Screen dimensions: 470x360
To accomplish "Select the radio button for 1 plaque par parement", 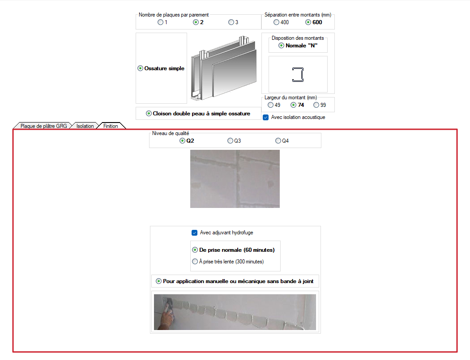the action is coord(161,22).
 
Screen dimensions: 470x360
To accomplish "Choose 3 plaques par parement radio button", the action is coord(231,22).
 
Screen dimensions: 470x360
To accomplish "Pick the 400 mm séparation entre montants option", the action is coord(276,22).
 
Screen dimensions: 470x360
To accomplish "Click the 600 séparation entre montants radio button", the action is coord(308,22).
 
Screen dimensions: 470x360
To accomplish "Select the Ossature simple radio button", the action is coord(140,68).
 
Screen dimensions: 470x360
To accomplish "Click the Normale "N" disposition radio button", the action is coord(281,46).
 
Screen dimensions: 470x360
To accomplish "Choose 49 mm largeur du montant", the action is coord(271,105).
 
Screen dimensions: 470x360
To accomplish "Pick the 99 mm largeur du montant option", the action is coord(316,105).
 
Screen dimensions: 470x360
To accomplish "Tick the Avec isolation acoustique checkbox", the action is coord(265,117).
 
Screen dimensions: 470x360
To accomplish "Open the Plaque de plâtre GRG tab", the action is coord(44,126).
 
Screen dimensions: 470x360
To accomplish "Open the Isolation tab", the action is coord(85,126).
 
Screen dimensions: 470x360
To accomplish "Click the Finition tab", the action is coord(111,126).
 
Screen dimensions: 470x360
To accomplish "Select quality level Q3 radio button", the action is coord(230,141).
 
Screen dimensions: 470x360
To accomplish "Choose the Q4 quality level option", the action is coord(278,141).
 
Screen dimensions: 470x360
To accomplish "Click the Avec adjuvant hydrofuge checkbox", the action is coord(195,233).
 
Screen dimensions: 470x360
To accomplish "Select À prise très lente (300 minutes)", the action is coord(195,262).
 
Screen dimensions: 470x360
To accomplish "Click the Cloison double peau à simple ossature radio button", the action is coord(149,114).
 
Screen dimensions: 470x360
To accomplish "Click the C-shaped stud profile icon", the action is coord(298,75).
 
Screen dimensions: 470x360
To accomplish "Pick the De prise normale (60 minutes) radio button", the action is coord(195,250).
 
